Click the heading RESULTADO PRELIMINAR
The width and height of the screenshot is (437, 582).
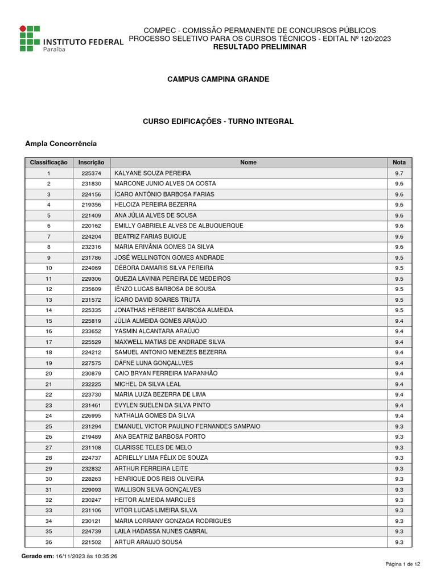[x=259, y=47]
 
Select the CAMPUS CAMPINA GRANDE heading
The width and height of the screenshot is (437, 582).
[x=218, y=79]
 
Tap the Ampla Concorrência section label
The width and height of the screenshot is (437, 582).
[x=61, y=144]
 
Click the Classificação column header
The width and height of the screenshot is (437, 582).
[x=48, y=163]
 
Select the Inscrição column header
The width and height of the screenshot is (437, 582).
[x=91, y=163]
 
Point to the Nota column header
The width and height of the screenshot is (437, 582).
[x=399, y=163]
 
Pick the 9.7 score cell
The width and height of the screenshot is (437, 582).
[x=399, y=173]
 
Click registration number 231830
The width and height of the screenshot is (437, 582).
[x=91, y=184]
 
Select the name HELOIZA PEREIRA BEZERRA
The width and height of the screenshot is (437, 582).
[x=155, y=205]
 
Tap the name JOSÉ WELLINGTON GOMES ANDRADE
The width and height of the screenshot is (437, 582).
[x=169, y=257]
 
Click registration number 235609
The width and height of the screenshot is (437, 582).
[x=91, y=289]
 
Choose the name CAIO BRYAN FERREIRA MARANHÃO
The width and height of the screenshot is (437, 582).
[x=166, y=373]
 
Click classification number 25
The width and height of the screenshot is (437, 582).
[x=49, y=426]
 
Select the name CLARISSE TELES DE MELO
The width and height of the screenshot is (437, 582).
[x=153, y=447]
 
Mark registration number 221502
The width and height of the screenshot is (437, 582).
[x=91, y=542]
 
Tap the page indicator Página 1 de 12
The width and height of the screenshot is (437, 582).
[x=403, y=564]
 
